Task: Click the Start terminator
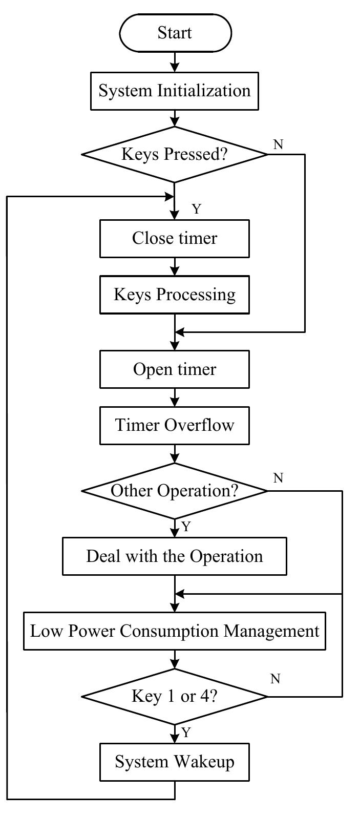[x=175, y=33]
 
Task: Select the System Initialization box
[x=175, y=91]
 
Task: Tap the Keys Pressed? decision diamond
[x=175, y=154]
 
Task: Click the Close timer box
[x=175, y=238]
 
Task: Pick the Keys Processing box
[x=175, y=295]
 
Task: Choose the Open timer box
[x=175, y=369]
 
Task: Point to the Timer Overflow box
[x=175, y=425]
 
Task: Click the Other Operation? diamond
[x=175, y=491]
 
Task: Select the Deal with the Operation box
[x=175, y=556]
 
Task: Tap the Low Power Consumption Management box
[x=175, y=631]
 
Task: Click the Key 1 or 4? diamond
[x=175, y=696]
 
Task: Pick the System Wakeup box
[x=175, y=762]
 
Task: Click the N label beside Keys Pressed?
[x=278, y=144]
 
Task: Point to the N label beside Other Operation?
[x=278, y=478]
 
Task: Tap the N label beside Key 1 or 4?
[x=275, y=679]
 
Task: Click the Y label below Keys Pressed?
[x=196, y=209]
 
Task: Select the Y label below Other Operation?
[x=186, y=527]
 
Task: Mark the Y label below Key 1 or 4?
[x=186, y=733]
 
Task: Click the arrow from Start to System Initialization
[x=175, y=62]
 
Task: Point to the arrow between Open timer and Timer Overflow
[x=175, y=397]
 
